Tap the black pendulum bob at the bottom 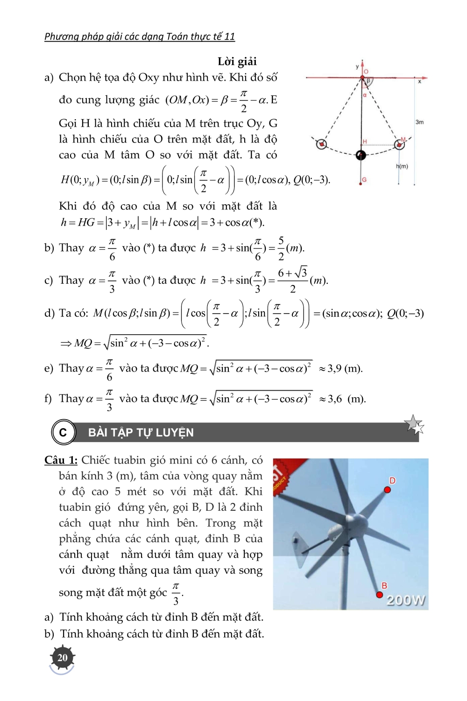coord(361,155)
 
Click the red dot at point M coord(399,144)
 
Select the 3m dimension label coord(419,122)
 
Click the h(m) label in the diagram coord(402,166)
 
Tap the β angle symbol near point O coord(368,81)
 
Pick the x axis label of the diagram coord(419,81)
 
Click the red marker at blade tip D coord(388,489)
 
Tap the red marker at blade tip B coord(380,594)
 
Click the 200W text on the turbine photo coord(406,600)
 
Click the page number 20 coord(62,658)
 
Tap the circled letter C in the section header coord(63,432)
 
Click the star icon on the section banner coord(414,424)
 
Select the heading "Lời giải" coord(237,61)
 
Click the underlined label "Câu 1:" coord(61,460)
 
